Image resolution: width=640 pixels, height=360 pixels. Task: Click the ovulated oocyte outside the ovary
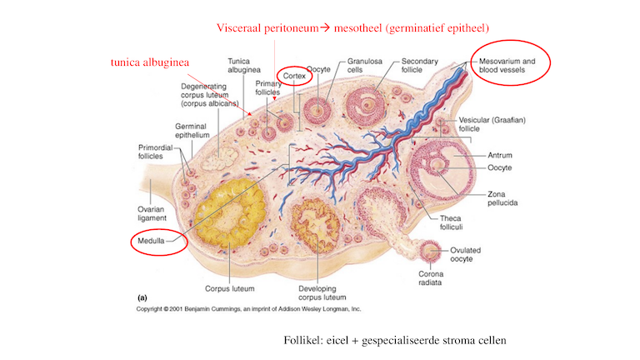tap(431, 250)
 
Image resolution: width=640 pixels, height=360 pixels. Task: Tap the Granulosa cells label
tap(363, 66)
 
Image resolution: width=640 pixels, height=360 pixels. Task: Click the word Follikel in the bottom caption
tap(302, 340)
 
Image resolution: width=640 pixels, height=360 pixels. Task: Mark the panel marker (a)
tap(141, 296)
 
